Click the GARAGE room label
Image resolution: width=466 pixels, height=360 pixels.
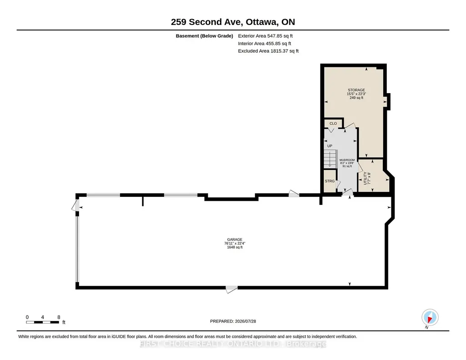tap(235, 240)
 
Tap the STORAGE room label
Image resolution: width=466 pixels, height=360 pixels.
tap(356, 90)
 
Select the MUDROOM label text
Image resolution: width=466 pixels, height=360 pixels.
tap(347, 160)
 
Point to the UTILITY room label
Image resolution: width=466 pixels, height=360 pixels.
tap(365, 178)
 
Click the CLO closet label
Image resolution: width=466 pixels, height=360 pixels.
tap(333, 123)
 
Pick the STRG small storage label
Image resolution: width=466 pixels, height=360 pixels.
tap(330, 181)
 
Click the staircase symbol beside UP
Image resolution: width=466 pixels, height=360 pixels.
tap(330, 159)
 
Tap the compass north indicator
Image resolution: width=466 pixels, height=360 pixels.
tap(430, 318)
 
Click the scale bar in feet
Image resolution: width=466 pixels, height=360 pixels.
tap(42, 322)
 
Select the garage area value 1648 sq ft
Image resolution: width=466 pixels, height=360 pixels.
tap(235, 247)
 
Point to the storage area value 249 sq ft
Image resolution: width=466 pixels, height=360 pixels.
tap(356, 98)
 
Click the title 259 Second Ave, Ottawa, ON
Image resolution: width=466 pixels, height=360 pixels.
tap(233, 22)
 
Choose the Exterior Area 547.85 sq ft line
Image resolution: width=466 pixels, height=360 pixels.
tap(266, 36)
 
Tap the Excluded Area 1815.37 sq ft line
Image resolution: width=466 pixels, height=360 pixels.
tap(268, 51)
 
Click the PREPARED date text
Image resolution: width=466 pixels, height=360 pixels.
tap(233, 321)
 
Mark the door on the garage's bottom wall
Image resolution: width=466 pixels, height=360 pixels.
tap(231, 289)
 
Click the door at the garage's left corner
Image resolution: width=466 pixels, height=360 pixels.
tap(75, 205)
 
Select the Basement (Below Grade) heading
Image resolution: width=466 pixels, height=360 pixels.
tap(205, 36)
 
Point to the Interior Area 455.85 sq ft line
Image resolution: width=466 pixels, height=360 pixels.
tap(265, 44)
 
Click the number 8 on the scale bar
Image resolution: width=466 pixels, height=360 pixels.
tap(59, 317)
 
